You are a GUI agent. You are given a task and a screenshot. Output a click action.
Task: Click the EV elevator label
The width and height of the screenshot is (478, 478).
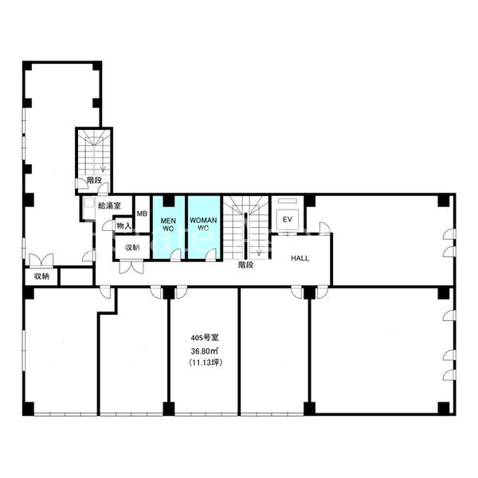pyautogui.click(x=287, y=220)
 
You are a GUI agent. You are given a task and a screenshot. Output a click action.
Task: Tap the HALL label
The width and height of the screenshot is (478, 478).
pyautogui.click(x=300, y=258)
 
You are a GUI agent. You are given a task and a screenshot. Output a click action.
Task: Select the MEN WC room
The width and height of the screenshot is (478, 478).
pyautogui.click(x=168, y=227)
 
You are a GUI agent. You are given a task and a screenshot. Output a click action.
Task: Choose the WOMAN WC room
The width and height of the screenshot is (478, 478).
pyautogui.click(x=204, y=227)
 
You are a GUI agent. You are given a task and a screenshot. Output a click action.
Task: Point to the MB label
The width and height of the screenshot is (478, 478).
pyautogui.click(x=142, y=214)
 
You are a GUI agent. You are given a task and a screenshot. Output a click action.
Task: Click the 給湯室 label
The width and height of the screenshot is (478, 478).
pyautogui.click(x=109, y=206)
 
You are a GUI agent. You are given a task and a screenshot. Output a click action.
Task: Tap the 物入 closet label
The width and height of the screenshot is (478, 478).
pyautogui.click(x=123, y=226)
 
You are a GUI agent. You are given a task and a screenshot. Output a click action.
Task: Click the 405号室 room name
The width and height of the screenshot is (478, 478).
pyautogui.click(x=205, y=338)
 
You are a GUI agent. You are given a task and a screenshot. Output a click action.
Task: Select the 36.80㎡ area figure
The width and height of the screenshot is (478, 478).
pyautogui.click(x=204, y=351)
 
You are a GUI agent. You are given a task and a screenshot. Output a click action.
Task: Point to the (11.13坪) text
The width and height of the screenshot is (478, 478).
pyautogui.click(x=206, y=362)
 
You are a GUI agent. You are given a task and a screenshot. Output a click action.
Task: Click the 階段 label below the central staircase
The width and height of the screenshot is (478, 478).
pyautogui.click(x=245, y=265)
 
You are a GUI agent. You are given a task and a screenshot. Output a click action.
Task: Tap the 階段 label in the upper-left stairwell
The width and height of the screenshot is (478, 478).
pyautogui.click(x=94, y=181)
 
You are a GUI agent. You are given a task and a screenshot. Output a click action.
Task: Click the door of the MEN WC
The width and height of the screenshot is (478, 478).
pyautogui.click(x=175, y=255)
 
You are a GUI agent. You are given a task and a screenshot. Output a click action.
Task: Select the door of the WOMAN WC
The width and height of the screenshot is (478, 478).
pyautogui.click(x=211, y=255)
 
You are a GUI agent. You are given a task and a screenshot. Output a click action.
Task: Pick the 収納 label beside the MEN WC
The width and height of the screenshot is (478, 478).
pyautogui.click(x=132, y=248)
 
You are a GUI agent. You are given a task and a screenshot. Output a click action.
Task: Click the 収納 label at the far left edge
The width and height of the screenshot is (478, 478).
pyautogui.click(x=41, y=276)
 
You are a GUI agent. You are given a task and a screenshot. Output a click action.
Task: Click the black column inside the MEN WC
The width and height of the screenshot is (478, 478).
pyautogui.click(x=168, y=201)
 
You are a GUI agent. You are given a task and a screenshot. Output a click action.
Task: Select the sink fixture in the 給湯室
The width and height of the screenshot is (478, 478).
pyautogui.click(x=89, y=204)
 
